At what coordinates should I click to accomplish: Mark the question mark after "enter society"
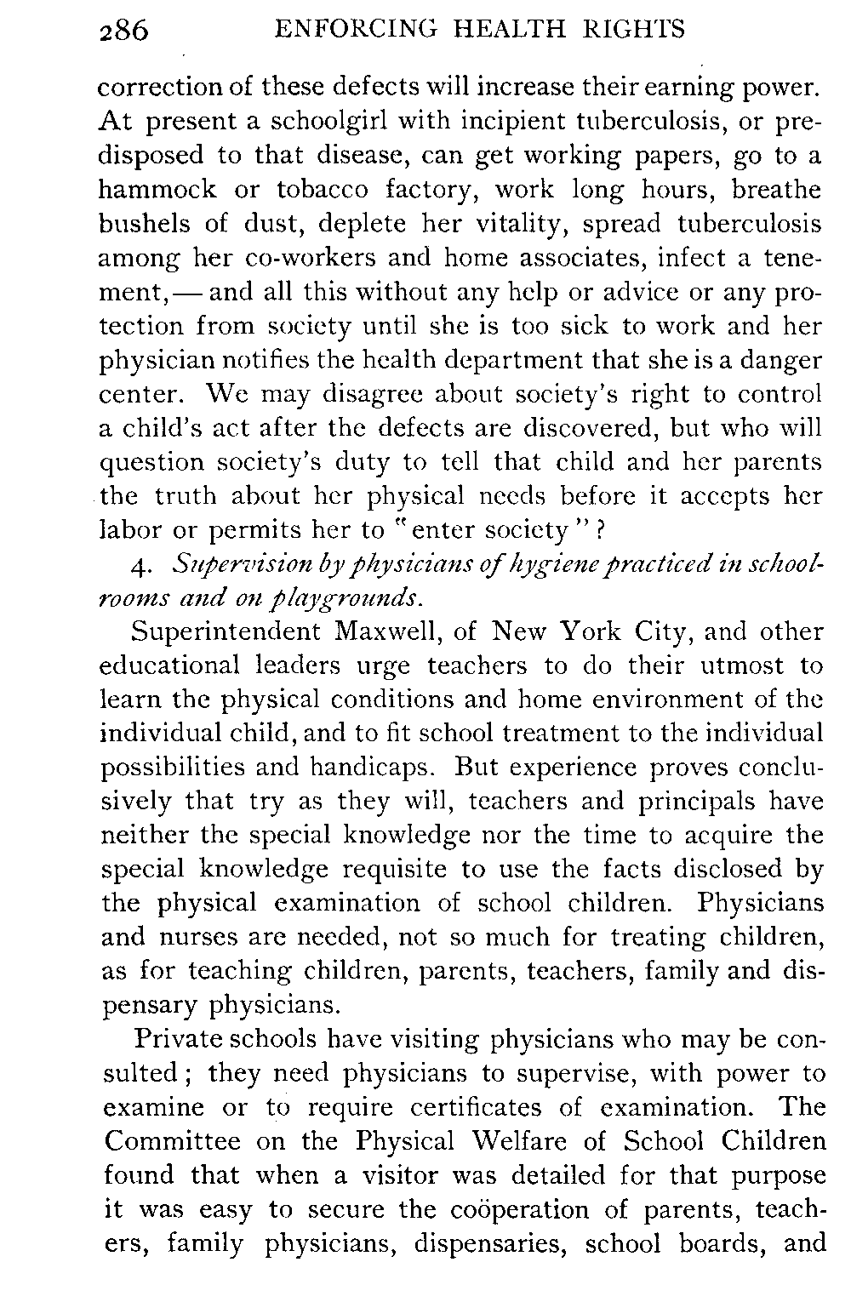pos(600,530)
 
